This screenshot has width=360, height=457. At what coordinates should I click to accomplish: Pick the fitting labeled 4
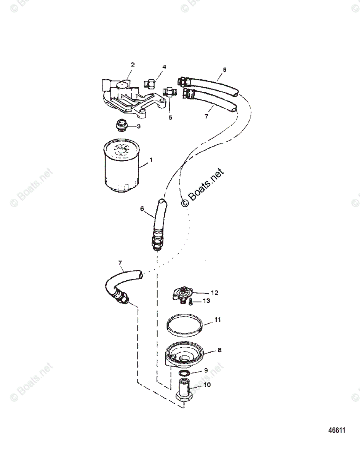(x=150, y=83)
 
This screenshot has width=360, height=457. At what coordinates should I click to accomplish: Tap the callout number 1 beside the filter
(x=150, y=160)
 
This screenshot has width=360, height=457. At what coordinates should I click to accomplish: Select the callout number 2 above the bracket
(x=133, y=65)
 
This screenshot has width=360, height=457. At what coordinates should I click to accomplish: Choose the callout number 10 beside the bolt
(x=207, y=385)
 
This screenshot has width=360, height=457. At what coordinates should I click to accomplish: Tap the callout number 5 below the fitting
(x=170, y=117)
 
